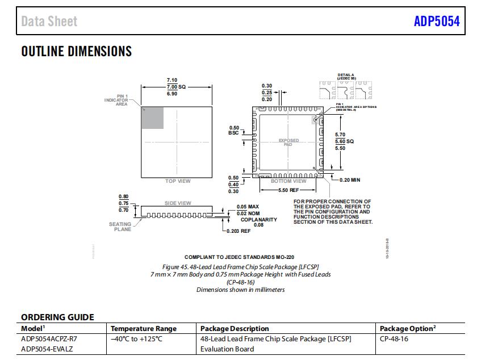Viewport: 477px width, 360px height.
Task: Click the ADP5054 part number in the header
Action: (x=437, y=22)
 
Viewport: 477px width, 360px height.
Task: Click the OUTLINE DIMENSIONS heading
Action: (x=76, y=52)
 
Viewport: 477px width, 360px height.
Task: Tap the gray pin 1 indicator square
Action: (x=152, y=118)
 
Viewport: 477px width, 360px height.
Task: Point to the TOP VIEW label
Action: (x=178, y=181)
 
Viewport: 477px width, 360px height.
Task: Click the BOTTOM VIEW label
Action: (x=288, y=181)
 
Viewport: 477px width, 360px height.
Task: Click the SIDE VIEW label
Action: (x=178, y=203)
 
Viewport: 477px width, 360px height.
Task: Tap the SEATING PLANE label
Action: (x=120, y=227)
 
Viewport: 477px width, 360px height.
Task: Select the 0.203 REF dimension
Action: (x=238, y=231)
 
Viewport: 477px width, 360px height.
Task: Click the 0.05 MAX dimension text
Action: (x=248, y=207)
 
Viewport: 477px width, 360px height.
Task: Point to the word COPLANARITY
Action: (x=259, y=219)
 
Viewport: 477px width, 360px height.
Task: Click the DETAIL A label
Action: (x=345, y=75)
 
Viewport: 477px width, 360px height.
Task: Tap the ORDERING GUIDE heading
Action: (x=57, y=317)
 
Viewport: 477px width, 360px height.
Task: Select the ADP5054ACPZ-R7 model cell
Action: (x=49, y=338)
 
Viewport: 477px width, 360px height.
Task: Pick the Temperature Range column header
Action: (x=143, y=328)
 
